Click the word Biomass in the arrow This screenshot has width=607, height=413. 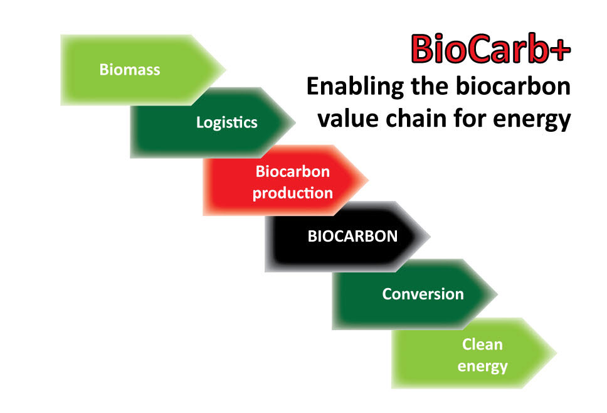click(130, 70)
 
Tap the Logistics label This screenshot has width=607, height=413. click(227, 123)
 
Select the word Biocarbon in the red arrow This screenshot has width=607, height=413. click(293, 171)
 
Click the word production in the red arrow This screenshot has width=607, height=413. click(293, 193)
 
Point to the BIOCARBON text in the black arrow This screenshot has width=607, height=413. click(352, 237)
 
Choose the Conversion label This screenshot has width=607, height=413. click(423, 294)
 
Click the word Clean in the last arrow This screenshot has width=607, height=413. click(482, 345)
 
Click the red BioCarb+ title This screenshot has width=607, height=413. click(490, 49)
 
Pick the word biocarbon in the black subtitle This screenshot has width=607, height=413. click(514, 85)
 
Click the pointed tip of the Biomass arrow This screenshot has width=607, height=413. click(225, 70)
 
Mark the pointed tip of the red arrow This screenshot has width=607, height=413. click(368, 180)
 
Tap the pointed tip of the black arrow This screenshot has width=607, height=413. click(430, 237)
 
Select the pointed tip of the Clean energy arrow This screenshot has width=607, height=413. click(557, 353)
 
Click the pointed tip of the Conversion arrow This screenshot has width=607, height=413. click(497, 294)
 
